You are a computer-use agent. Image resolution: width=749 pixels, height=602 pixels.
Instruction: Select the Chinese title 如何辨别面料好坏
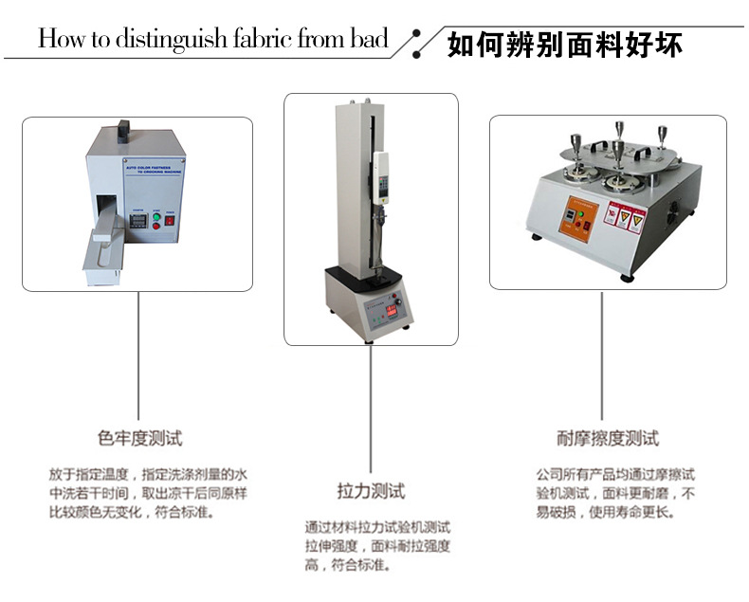click(x=564, y=45)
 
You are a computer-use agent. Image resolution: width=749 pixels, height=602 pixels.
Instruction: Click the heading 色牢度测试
click(x=139, y=438)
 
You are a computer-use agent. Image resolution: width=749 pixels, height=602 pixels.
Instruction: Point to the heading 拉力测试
click(x=371, y=491)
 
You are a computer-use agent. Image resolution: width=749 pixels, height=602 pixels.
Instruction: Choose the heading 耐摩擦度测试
click(x=608, y=438)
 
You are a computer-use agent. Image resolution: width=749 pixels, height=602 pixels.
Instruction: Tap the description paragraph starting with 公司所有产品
click(x=615, y=493)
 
